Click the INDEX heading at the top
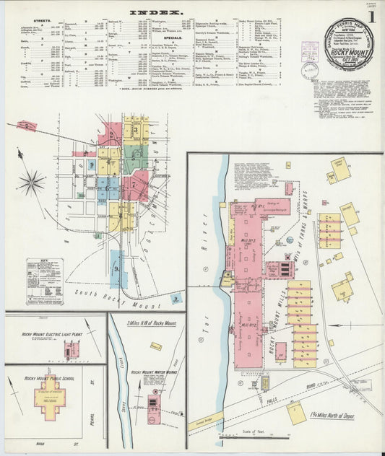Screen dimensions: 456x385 point(156,12)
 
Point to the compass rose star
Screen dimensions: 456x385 point(31,182)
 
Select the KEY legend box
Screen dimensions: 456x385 point(45,281)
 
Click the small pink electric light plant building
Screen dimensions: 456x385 point(70,349)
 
